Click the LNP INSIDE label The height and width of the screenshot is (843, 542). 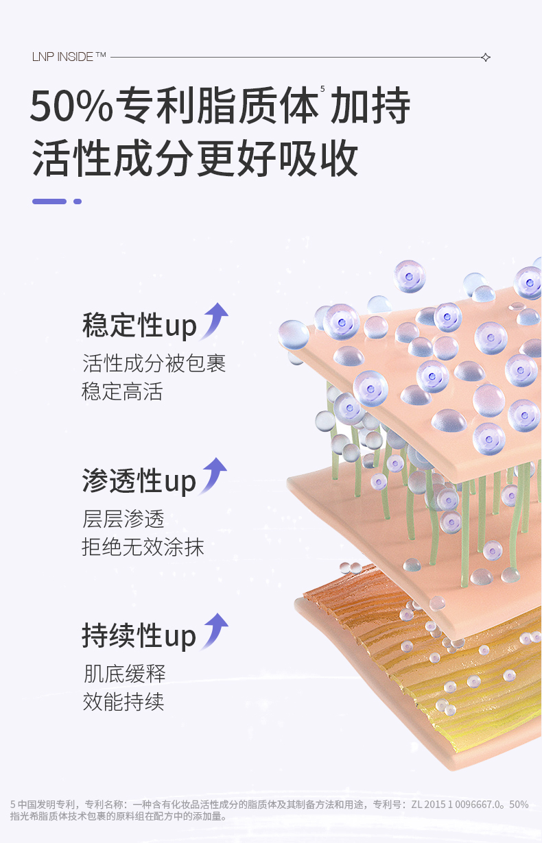(x=69, y=57)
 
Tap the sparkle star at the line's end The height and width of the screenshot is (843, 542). (x=486, y=57)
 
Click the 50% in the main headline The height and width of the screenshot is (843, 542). (x=71, y=106)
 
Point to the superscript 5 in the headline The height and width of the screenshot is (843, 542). (x=322, y=89)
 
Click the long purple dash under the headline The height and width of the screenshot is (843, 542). (x=49, y=201)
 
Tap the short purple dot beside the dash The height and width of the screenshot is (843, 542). (x=78, y=201)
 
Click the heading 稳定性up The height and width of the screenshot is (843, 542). (x=139, y=326)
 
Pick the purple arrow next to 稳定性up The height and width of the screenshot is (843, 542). (x=215, y=320)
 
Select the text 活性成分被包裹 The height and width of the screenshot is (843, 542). (x=154, y=363)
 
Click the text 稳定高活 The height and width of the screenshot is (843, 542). (x=123, y=392)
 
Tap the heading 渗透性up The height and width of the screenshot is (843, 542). (x=139, y=481)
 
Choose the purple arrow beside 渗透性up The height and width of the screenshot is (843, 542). (x=215, y=475)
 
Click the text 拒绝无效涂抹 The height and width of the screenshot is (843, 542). (x=143, y=548)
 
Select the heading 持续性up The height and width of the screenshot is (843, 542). (x=139, y=636)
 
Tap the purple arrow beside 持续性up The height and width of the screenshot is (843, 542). (x=215, y=631)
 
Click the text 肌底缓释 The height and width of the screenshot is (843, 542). (x=124, y=674)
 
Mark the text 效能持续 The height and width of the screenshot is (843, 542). (x=123, y=702)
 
